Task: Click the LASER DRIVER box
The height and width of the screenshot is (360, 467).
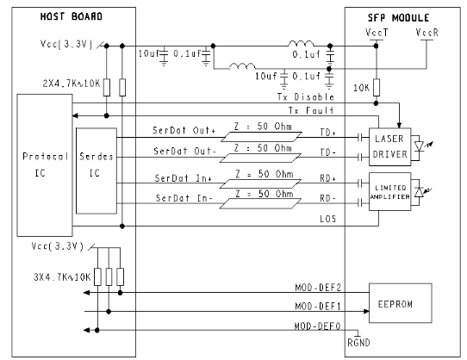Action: (x=389, y=146)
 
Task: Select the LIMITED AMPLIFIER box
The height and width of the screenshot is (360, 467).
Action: (x=389, y=192)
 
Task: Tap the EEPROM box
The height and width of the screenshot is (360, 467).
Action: (x=401, y=303)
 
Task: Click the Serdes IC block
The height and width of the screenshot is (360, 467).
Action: (x=97, y=171)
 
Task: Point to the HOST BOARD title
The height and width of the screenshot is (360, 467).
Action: (x=72, y=16)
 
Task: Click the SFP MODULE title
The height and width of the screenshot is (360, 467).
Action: (x=398, y=18)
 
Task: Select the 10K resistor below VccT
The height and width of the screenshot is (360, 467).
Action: (x=377, y=87)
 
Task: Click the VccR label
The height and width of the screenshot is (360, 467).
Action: (x=427, y=33)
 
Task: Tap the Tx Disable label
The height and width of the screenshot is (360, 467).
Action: (x=306, y=96)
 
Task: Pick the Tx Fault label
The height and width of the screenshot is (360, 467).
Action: (x=311, y=110)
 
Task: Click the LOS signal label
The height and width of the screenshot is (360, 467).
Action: (x=328, y=219)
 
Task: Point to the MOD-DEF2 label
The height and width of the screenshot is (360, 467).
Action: (x=318, y=288)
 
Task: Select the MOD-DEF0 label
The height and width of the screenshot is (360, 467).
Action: (x=317, y=326)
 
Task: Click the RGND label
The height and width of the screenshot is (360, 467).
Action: (x=358, y=343)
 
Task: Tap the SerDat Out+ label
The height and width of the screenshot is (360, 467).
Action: (x=184, y=130)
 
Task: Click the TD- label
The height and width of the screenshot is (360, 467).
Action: (x=328, y=152)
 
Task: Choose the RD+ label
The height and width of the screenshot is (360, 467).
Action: (x=328, y=178)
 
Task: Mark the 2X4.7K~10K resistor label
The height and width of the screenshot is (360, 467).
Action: (x=72, y=84)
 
